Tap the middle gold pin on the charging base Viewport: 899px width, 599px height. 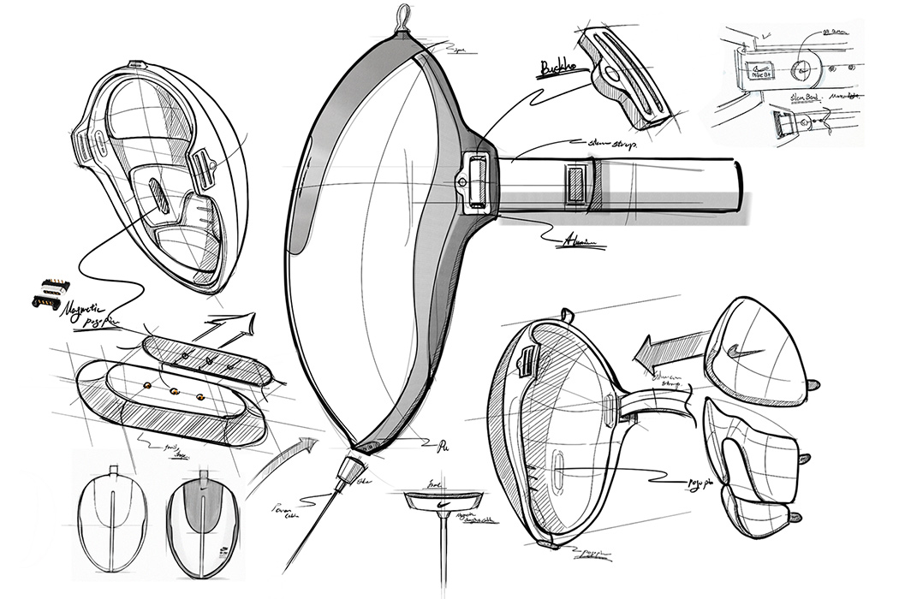point(173,392)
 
